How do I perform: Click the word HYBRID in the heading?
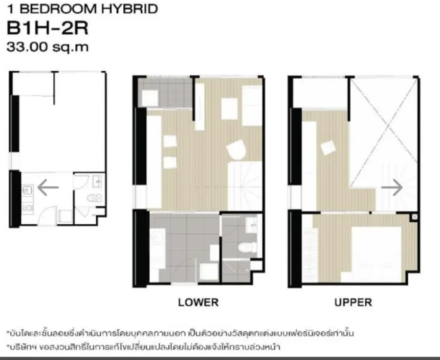tap(130, 9)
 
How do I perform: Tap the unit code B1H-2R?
tap(47, 28)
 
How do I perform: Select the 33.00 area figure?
tap(27, 46)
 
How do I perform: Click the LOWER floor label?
tap(198, 302)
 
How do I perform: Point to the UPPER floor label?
tap(353, 302)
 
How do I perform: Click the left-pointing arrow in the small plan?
tap(48, 187)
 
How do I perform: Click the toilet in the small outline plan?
tap(94, 198)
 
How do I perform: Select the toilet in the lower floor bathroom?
tap(247, 248)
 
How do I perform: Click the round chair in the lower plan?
tap(236, 150)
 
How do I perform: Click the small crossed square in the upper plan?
tap(415, 217)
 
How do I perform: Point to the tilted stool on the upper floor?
tap(329, 148)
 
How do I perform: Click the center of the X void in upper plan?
tap(384, 132)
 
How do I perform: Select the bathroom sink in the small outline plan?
tap(97, 182)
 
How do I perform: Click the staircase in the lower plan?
tap(245, 186)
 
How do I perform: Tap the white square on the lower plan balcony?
tap(150, 98)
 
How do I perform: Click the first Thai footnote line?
tap(180, 333)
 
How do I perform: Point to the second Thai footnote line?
tap(143, 347)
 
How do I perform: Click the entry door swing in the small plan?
tap(47, 215)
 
